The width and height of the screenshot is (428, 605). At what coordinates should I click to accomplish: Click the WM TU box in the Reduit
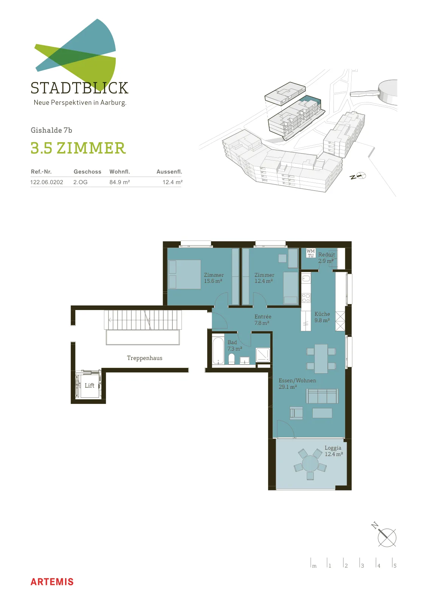pyautogui.click(x=310, y=253)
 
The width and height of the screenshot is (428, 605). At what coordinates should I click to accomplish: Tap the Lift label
pyautogui.click(x=89, y=385)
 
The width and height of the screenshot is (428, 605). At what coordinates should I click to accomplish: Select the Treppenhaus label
pyautogui.click(x=144, y=358)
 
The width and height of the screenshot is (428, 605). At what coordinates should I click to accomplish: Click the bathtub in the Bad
pyautogui.click(x=218, y=350)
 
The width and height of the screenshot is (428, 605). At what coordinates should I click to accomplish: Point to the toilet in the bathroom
pyautogui.click(x=231, y=359)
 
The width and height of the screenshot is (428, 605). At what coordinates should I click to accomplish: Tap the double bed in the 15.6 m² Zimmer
pyautogui.click(x=185, y=275)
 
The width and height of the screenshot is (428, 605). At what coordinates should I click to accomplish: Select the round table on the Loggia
pyautogui.click(x=310, y=464)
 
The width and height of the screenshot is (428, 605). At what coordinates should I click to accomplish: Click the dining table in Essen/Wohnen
pyautogui.click(x=321, y=359)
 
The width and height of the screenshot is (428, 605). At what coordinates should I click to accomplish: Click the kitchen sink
pyautogui.click(x=306, y=278)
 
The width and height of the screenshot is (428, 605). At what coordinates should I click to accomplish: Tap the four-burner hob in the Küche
pyautogui.click(x=306, y=298)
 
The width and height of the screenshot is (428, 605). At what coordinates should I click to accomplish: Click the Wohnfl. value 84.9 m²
pyautogui.click(x=119, y=182)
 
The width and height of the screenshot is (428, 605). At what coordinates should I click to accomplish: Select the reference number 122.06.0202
pyautogui.click(x=47, y=182)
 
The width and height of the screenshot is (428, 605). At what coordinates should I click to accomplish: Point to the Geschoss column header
pyautogui.click(x=87, y=172)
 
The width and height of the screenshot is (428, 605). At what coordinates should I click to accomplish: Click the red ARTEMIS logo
pyautogui.click(x=52, y=582)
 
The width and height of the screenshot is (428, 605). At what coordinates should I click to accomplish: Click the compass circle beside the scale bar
pyautogui.click(x=387, y=538)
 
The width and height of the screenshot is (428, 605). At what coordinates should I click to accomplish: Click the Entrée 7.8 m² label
pyautogui.click(x=262, y=320)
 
